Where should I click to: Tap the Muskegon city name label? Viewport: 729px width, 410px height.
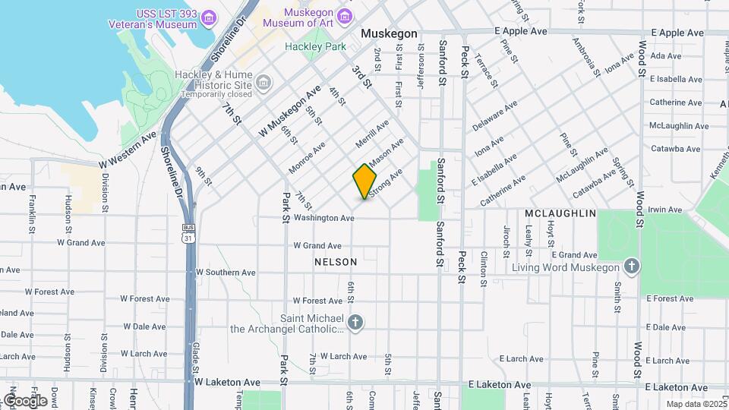tap(389, 34)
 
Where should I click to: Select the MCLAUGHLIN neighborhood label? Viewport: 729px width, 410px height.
tap(560, 213)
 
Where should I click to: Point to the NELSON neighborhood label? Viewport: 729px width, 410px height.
tap(335, 261)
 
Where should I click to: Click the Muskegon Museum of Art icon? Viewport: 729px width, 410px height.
tap(345, 16)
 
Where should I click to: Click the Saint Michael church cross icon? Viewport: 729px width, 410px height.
tap(355, 323)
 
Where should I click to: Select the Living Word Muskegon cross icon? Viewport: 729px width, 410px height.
tap(630, 266)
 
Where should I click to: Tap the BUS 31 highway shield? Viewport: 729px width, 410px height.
tap(187, 233)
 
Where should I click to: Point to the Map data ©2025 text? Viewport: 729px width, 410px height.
tap(696, 404)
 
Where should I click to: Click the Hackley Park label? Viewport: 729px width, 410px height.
tap(314, 46)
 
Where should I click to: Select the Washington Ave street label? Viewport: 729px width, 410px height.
tap(324, 218)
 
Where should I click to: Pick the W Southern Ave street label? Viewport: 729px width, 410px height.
tap(226, 272)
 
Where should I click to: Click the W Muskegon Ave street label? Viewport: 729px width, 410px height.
tap(290, 112)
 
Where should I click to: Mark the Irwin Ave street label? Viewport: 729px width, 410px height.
tap(665, 209)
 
